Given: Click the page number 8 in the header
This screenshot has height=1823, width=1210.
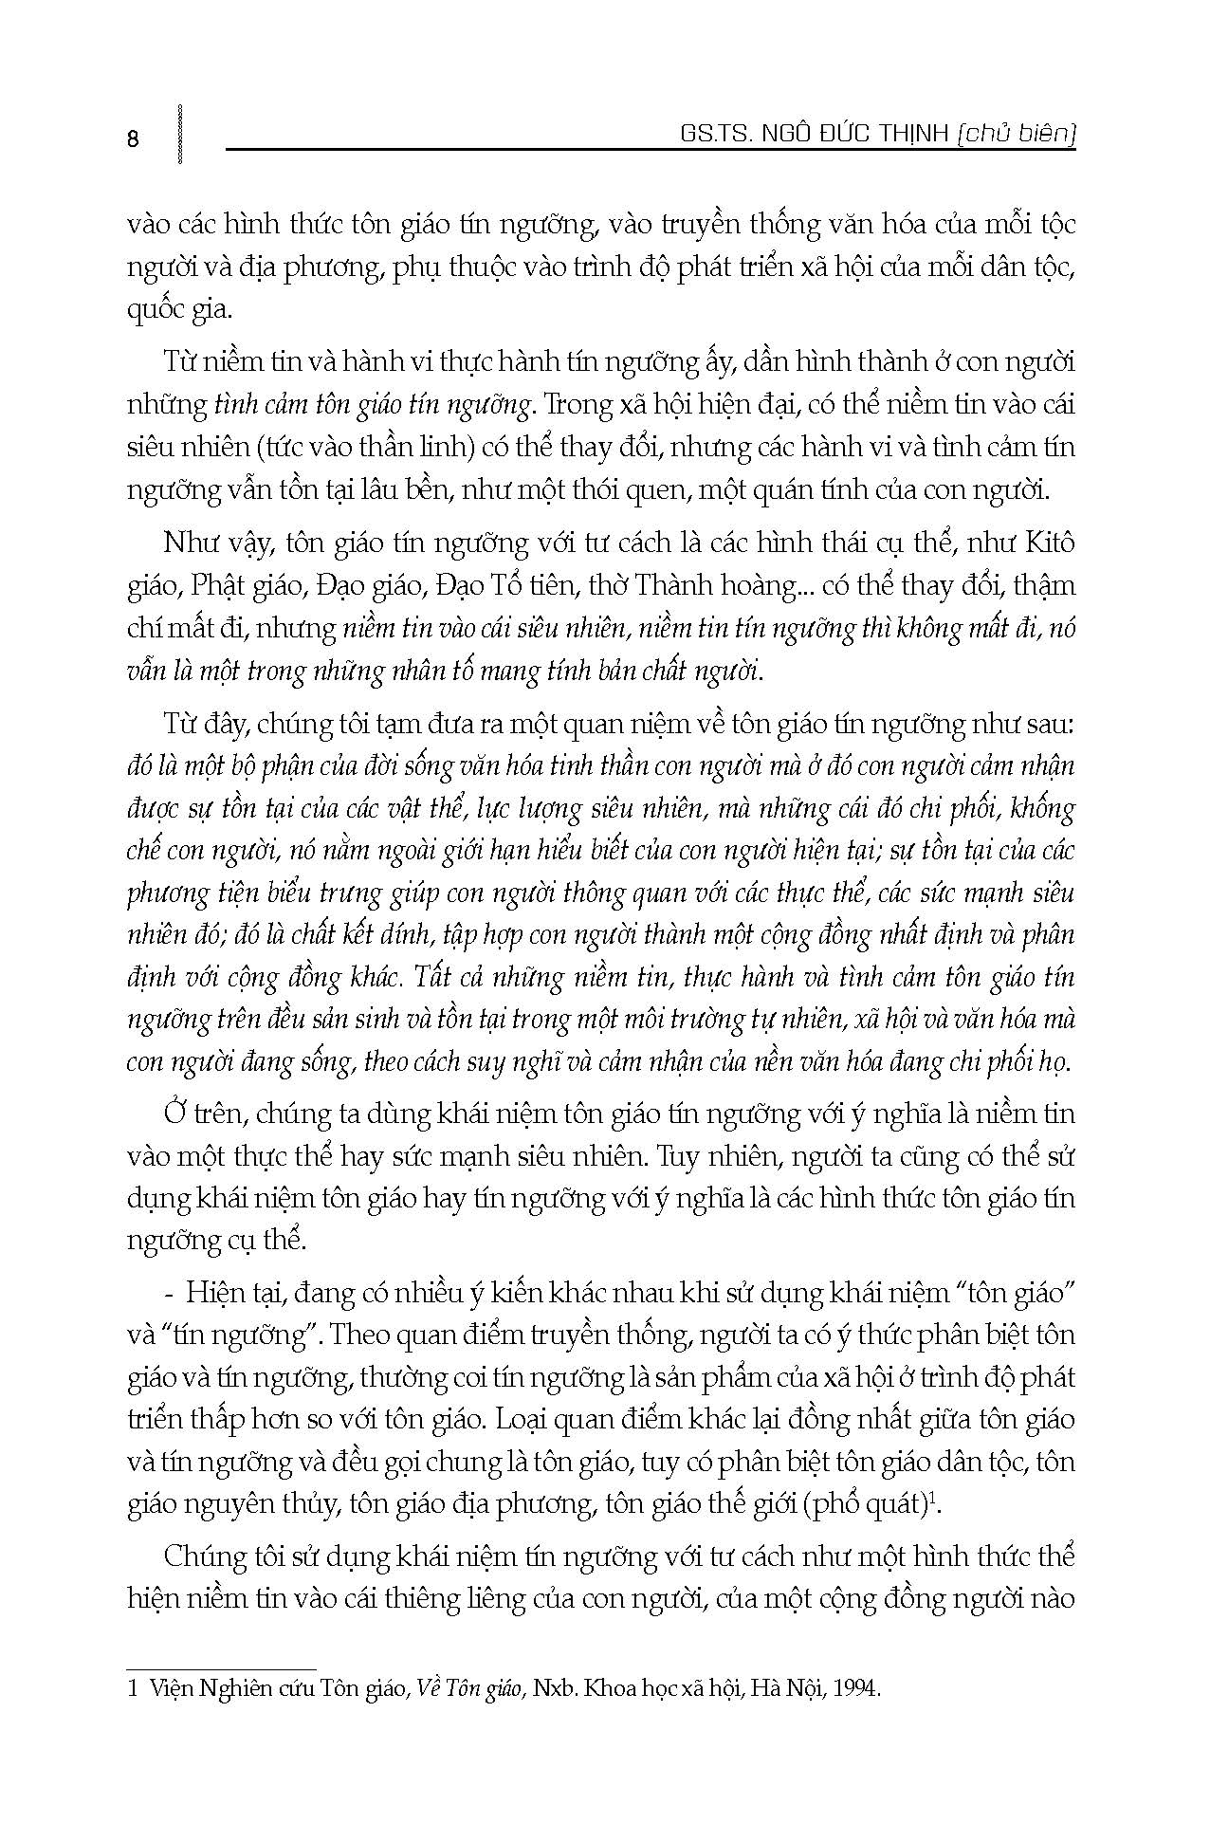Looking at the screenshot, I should [133, 138].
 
